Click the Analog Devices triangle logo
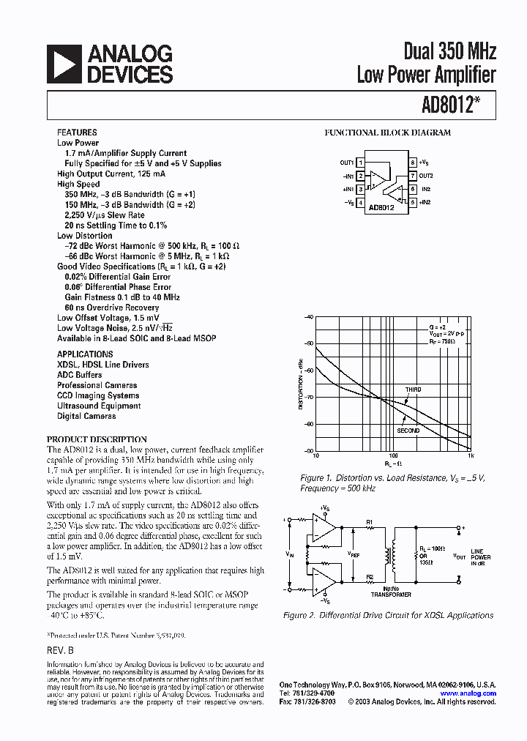pyautogui.click(x=64, y=64)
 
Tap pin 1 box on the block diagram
pyautogui.click(x=360, y=163)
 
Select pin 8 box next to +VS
pyautogui.click(x=413, y=163)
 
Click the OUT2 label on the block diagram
pyautogui.click(x=427, y=176)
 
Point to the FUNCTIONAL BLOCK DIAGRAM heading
pyautogui.click(x=387, y=133)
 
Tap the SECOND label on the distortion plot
pyautogui.click(x=408, y=431)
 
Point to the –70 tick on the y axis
pyautogui.click(x=308, y=398)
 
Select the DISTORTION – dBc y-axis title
pyautogui.click(x=301, y=384)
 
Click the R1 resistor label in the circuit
pyautogui.click(x=370, y=522)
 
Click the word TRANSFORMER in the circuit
pyautogui.click(x=391, y=595)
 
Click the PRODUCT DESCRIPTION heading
pyautogui.click(x=97, y=439)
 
